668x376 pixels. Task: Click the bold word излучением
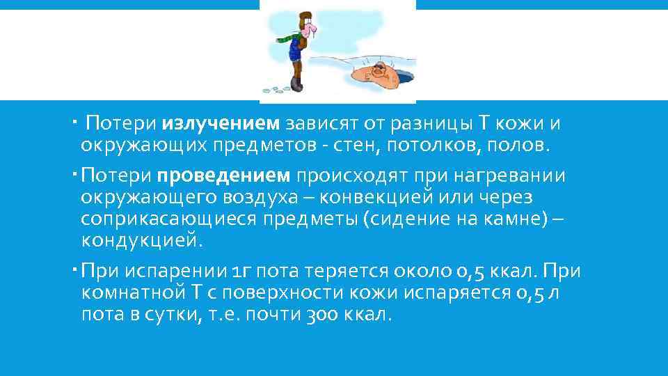pyautogui.click(x=221, y=124)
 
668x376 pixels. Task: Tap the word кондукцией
pyautogui.click(x=143, y=241)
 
